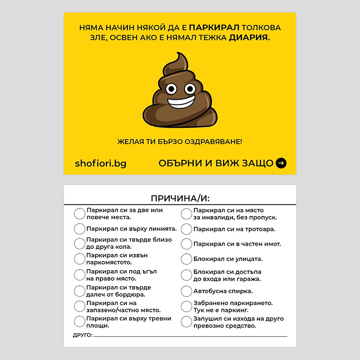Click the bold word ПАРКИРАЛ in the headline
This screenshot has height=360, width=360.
click(x=211, y=27)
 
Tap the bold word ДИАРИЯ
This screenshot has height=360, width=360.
click(x=249, y=38)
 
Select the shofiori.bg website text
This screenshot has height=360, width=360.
click(x=100, y=163)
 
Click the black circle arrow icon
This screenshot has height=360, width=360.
click(x=281, y=163)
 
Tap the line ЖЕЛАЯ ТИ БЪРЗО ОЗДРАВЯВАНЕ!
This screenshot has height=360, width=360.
click(x=180, y=142)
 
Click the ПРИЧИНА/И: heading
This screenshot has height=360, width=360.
click(x=180, y=198)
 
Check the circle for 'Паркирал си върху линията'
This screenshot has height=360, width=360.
click(x=80, y=229)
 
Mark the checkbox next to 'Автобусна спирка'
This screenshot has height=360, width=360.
click(x=186, y=291)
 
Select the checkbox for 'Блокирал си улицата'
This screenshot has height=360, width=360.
click(x=186, y=259)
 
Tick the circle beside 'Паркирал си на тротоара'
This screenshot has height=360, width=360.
click(x=186, y=229)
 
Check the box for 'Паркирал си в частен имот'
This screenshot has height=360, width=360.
click(x=186, y=244)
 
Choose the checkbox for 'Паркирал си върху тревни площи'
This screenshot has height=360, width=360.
click(x=80, y=322)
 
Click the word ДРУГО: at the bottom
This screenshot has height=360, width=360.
click(x=82, y=335)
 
